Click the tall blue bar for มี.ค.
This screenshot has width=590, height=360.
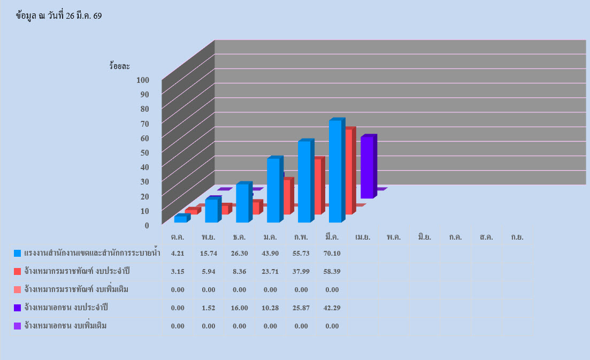[x=335, y=171]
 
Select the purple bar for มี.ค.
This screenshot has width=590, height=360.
[x=367, y=167]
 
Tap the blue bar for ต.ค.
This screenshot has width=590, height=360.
[x=180, y=219]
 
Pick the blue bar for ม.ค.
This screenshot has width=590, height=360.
[x=273, y=190]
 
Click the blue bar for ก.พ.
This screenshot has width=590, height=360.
[x=304, y=182]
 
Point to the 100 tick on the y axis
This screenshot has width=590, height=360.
[x=142, y=80]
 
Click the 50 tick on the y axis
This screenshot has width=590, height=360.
[x=144, y=152]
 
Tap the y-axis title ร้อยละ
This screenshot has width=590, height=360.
[x=119, y=66]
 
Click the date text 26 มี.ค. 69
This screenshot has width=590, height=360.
[x=80, y=16]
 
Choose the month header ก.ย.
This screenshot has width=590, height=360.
[x=517, y=236]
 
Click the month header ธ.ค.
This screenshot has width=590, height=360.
[x=240, y=236]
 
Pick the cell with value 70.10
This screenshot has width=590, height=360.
[x=332, y=253]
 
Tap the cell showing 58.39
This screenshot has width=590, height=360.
[x=332, y=271]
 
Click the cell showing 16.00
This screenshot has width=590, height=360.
[x=240, y=308]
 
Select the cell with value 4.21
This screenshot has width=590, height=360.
[x=178, y=253]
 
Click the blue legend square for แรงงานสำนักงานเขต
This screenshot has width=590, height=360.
[x=18, y=253]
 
